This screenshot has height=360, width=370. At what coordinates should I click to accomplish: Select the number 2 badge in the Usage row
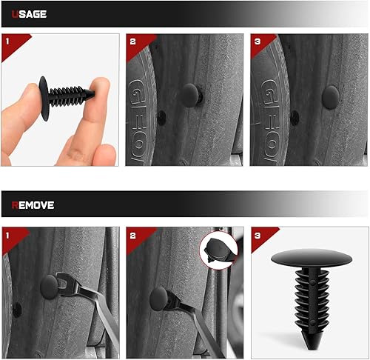[x=133, y=41]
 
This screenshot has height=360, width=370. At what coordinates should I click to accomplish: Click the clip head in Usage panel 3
[x=330, y=95]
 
